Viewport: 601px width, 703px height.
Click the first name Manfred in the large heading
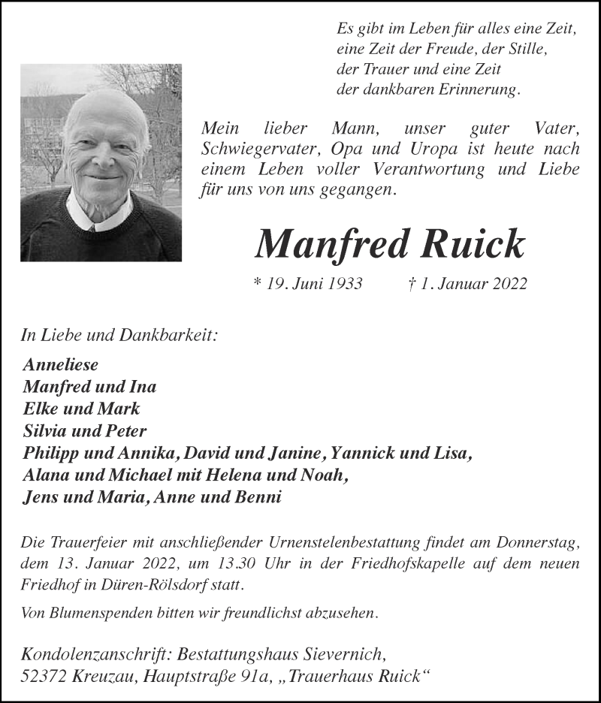click(334, 243)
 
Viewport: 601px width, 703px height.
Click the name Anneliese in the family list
click(61, 366)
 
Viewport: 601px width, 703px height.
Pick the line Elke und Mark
click(81, 409)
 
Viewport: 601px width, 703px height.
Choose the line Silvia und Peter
click(85, 431)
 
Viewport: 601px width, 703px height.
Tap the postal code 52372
click(47, 675)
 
